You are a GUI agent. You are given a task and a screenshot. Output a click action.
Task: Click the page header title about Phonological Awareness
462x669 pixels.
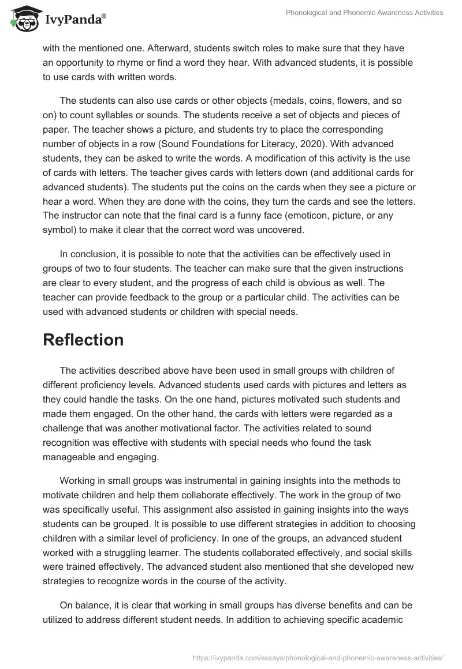coord(364,13)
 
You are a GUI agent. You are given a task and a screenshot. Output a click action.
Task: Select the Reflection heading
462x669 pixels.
coord(83,340)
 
